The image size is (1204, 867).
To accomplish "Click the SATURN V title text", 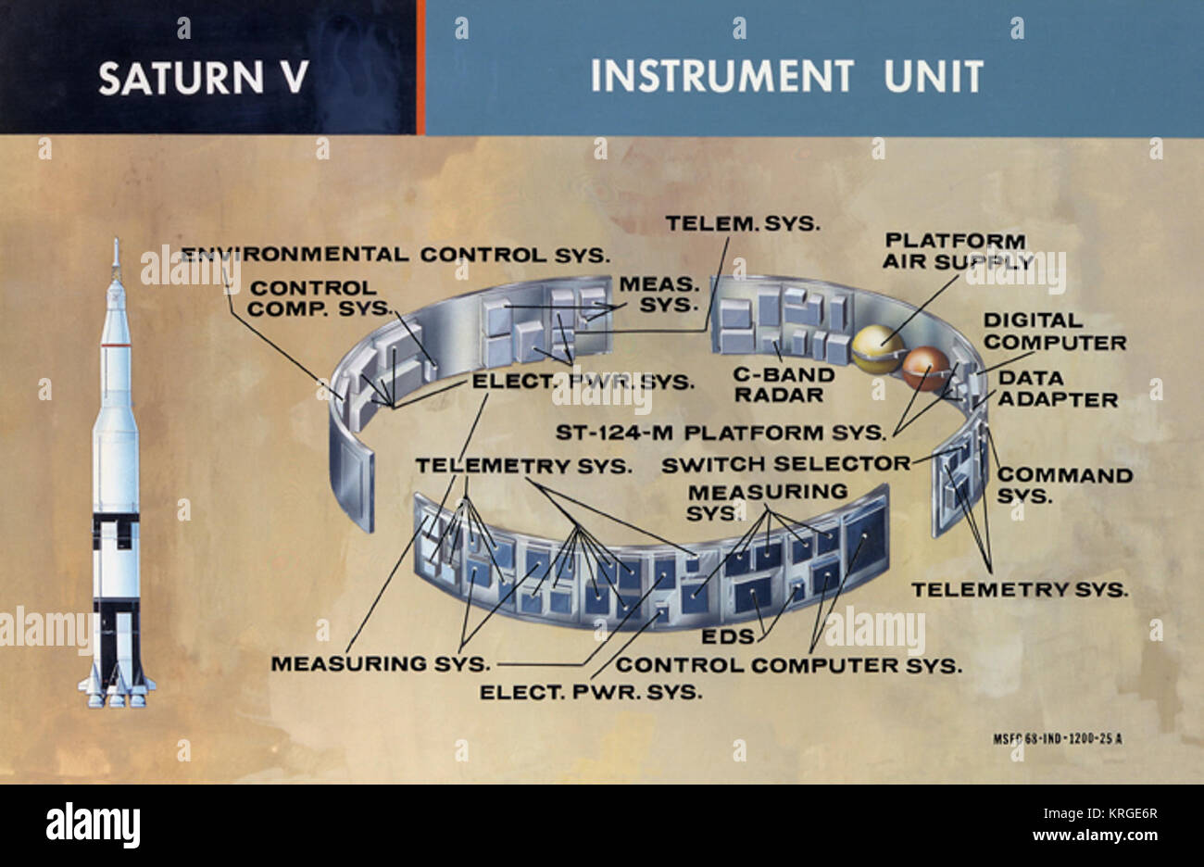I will click(203, 78).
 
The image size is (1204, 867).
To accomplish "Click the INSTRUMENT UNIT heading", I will click(786, 76).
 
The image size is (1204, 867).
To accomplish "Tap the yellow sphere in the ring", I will click(876, 349).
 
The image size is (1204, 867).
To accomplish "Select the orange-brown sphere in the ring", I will click(926, 369).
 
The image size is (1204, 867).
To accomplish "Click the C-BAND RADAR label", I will click(784, 385).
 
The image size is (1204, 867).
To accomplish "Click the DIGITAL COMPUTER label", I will click(1054, 332).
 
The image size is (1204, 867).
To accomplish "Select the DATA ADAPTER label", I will click(1057, 389).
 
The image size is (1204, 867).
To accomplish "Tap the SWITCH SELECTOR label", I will click(785, 463).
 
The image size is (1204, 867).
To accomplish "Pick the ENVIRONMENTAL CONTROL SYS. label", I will click(394, 254).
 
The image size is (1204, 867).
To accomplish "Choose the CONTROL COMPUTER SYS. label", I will click(788, 665).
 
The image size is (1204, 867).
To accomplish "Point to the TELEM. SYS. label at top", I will click(743, 223).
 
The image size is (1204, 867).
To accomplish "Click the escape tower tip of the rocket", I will click(116, 245).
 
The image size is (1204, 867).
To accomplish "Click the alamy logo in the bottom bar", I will click(93, 823).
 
